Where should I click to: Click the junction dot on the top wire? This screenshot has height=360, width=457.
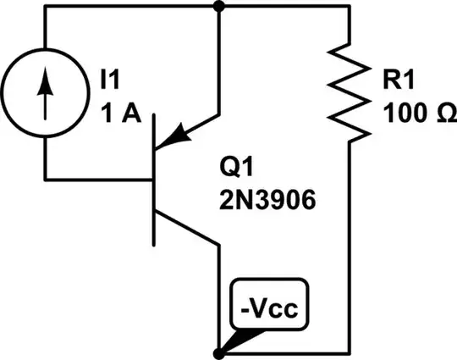point(220,7)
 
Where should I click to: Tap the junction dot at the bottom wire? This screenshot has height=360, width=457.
point(220,352)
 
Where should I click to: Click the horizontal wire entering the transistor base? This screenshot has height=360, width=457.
point(97,179)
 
